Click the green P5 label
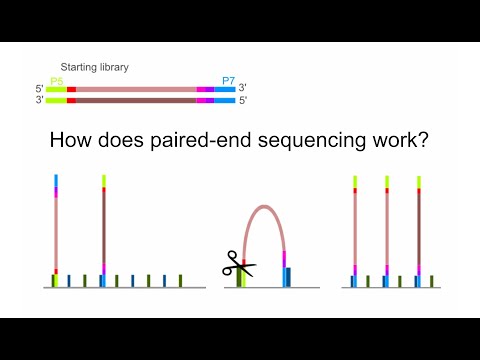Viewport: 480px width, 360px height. pos(55,79)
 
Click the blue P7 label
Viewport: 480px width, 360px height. pos(227,79)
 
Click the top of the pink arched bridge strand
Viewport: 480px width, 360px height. pos(264,207)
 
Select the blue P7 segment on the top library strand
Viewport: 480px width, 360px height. pos(225,89)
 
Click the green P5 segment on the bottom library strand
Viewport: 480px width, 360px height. pos(56,100)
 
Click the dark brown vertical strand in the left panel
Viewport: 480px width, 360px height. pos(104,230)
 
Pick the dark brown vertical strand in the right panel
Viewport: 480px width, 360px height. pos(419,230)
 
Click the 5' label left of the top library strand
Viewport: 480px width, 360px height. pos(39,89)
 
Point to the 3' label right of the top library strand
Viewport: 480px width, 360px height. pos(243,89)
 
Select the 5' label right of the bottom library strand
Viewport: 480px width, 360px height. pos(243,100)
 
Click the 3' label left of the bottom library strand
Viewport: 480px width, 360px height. pos(39,100)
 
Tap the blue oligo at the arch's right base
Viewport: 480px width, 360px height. pos(288,276)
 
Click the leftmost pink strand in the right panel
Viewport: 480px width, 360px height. pos(355,230)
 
